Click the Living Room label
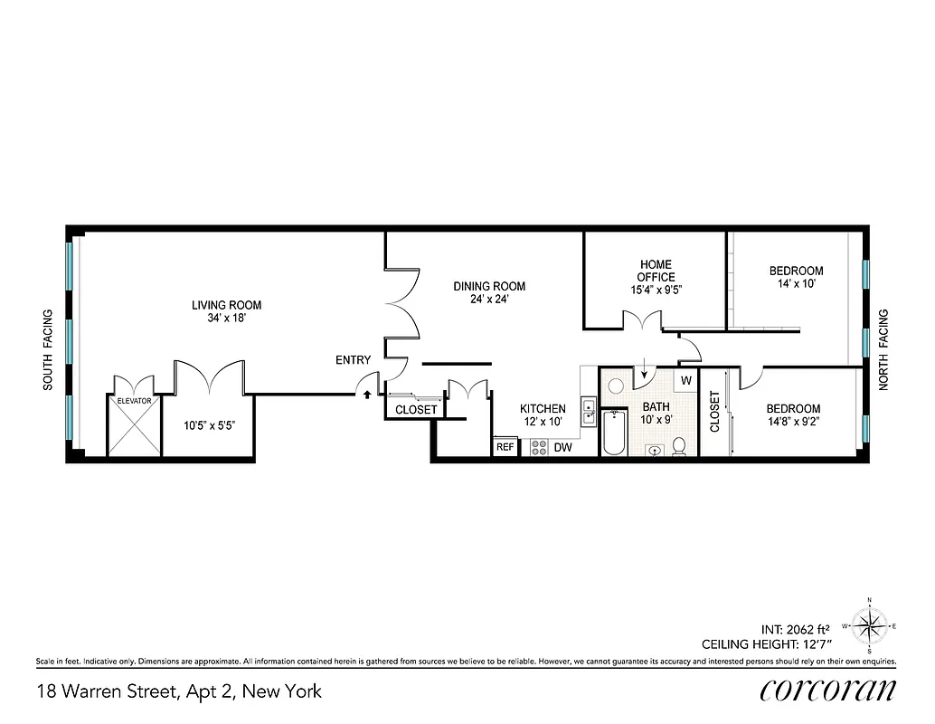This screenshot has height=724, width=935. [x=226, y=305]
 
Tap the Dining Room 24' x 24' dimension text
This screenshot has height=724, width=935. [x=488, y=300]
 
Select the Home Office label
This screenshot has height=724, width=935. [x=656, y=271]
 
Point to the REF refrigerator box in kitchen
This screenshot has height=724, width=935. [x=505, y=447]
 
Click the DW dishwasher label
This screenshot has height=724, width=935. [x=562, y=447]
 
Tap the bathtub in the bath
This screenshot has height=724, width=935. [x=614, y=433]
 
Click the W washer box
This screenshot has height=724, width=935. [x=685, y=380]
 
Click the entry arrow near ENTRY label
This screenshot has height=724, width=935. [x=366, y=392]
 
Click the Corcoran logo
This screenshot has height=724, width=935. [x=827, y=690]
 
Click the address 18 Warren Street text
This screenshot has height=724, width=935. [x=179, y=692]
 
